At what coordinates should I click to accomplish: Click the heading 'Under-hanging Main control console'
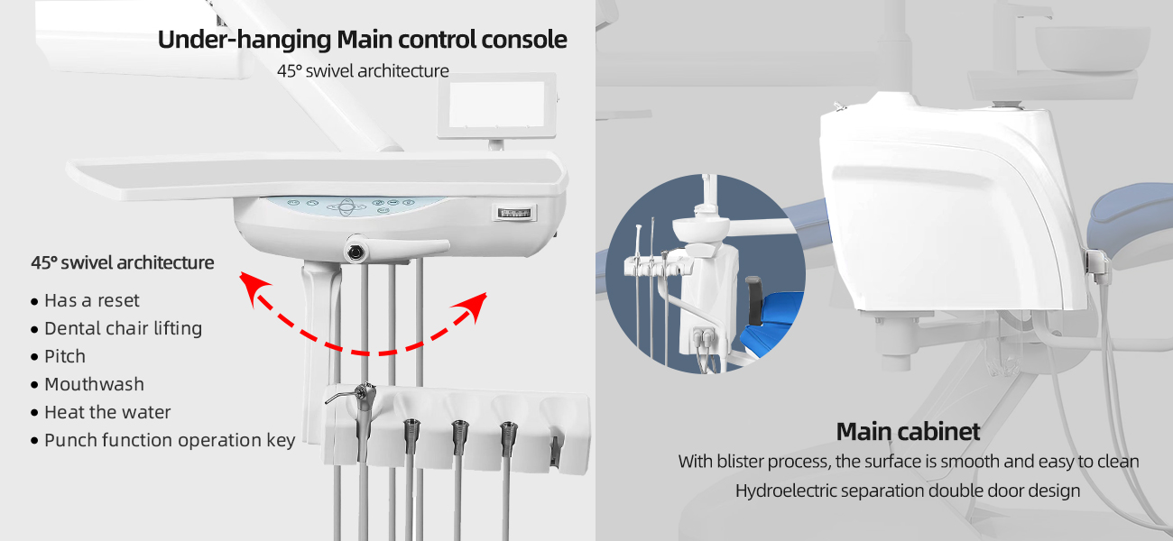coord(363,40)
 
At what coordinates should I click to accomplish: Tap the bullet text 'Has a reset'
coord(92,300)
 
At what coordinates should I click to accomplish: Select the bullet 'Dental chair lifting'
coord(123,328)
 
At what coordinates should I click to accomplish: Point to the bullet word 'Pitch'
coord(65,356)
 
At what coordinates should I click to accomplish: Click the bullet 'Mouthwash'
coord(94,384)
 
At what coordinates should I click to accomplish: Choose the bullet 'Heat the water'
coord(107,412)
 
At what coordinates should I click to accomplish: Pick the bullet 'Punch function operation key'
coord(170,440)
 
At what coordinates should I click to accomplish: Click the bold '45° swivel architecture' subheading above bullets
coord(123,262)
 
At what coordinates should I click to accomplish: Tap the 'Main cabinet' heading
coord(908,432)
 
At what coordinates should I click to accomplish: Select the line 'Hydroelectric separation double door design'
coord(908,491)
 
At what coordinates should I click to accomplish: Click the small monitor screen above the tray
coord(496,105)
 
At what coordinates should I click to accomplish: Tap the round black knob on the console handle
coord(356,252)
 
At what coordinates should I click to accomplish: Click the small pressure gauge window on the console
coord(514,213)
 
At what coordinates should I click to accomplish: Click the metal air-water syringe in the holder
coord(361,413)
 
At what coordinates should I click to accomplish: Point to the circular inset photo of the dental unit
coord(706,273)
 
